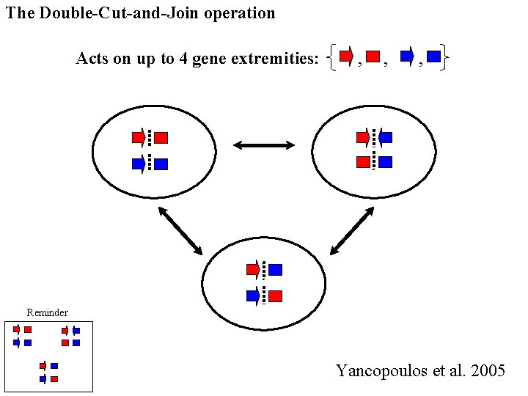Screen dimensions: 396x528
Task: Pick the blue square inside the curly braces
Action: [x=433, y=56]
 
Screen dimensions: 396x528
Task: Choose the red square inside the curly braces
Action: [x=373, y=56]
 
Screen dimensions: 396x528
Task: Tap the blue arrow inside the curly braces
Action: [x=408, y=56]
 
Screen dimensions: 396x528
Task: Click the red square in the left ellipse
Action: [x=161, y=137]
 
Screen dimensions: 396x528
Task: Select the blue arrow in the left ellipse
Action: [x=139, y=164]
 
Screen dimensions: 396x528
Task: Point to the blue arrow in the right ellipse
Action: [x=385, y=137]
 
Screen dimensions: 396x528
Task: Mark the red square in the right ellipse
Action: [x=362, y=162]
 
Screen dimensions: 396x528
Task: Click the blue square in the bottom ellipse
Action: [x=275, y=270]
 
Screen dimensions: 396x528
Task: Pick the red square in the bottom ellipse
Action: [x=275, y=296]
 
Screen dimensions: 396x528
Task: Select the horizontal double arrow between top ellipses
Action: [x=264, y=146]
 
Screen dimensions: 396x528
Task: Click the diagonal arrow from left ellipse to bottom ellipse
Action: [x=180, y=231]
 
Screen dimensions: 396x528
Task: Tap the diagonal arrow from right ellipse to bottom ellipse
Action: [x=352, y=231]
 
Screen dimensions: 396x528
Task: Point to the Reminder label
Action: [x=47, y=313]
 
